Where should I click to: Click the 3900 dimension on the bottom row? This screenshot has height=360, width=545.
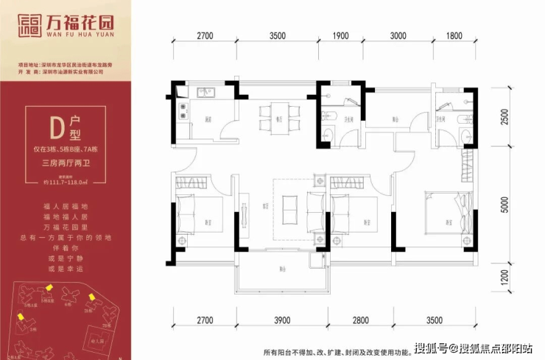[x=282, y=320]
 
